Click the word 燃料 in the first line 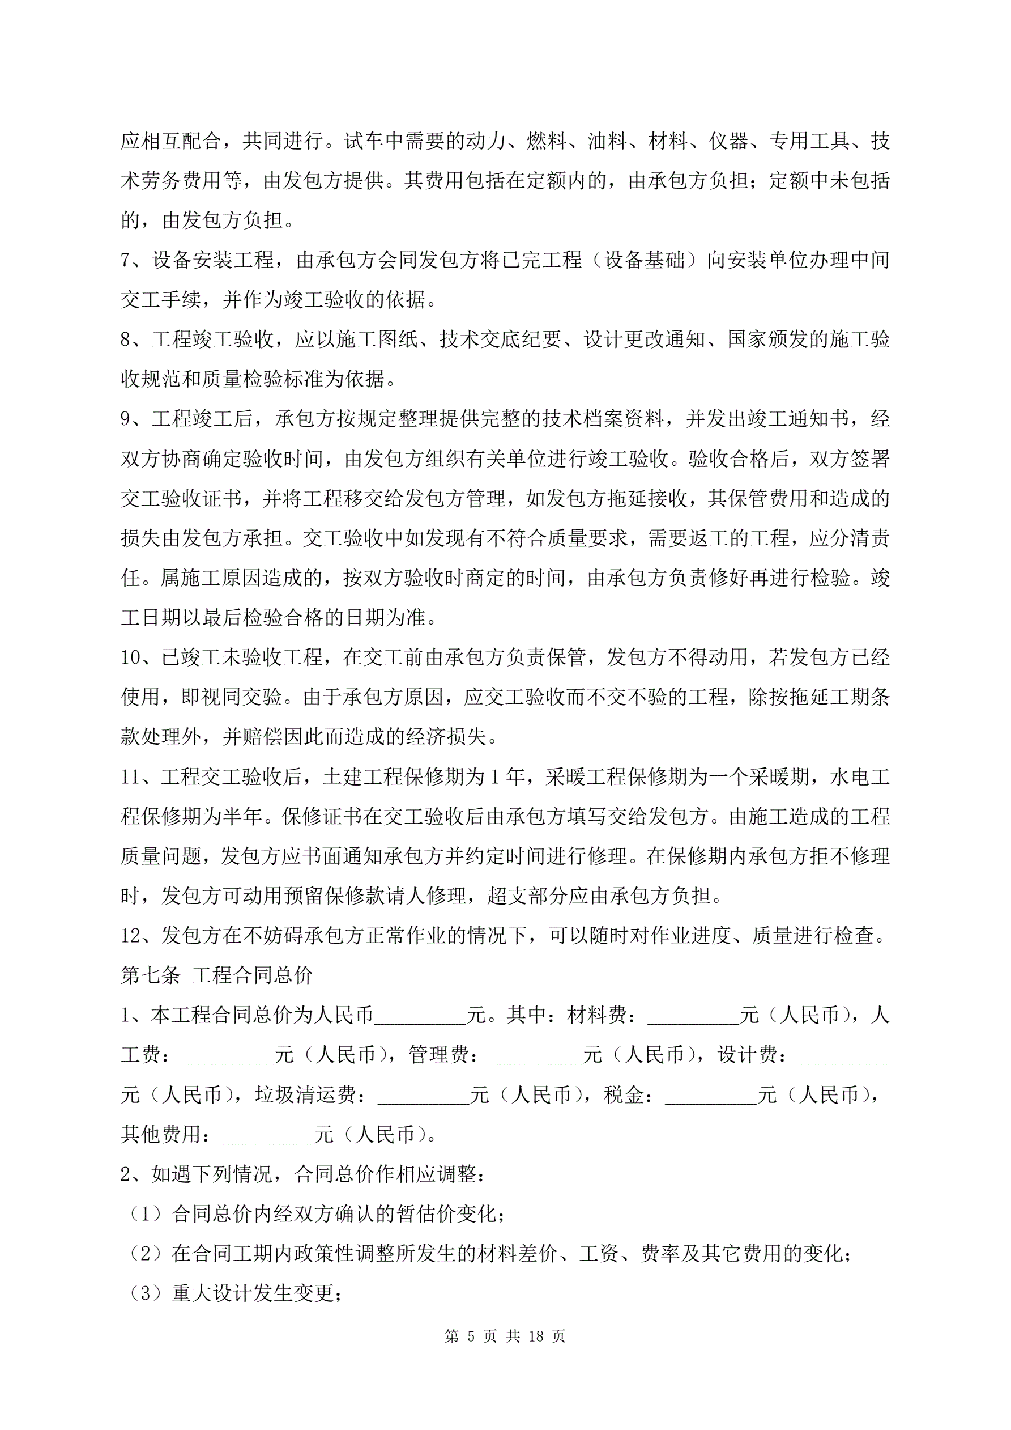click(x=546, y=141)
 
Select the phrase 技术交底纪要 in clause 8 click(x=500, y=340)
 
